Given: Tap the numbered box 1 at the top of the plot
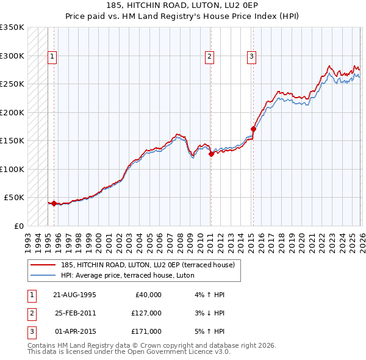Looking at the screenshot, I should point(52,57).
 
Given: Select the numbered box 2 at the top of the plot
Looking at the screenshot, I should point(209,57).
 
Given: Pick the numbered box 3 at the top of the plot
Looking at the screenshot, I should point(251,57).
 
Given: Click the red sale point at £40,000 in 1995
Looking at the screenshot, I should point(54,203).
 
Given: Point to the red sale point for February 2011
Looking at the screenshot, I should point(210,154).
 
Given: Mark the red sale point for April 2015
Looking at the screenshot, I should point(253,129).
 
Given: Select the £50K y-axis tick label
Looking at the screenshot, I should point(15,198).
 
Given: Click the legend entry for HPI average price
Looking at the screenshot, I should point(127,275).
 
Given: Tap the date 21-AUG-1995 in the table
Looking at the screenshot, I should point(74,295).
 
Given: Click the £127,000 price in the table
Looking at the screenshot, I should point(146,313).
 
